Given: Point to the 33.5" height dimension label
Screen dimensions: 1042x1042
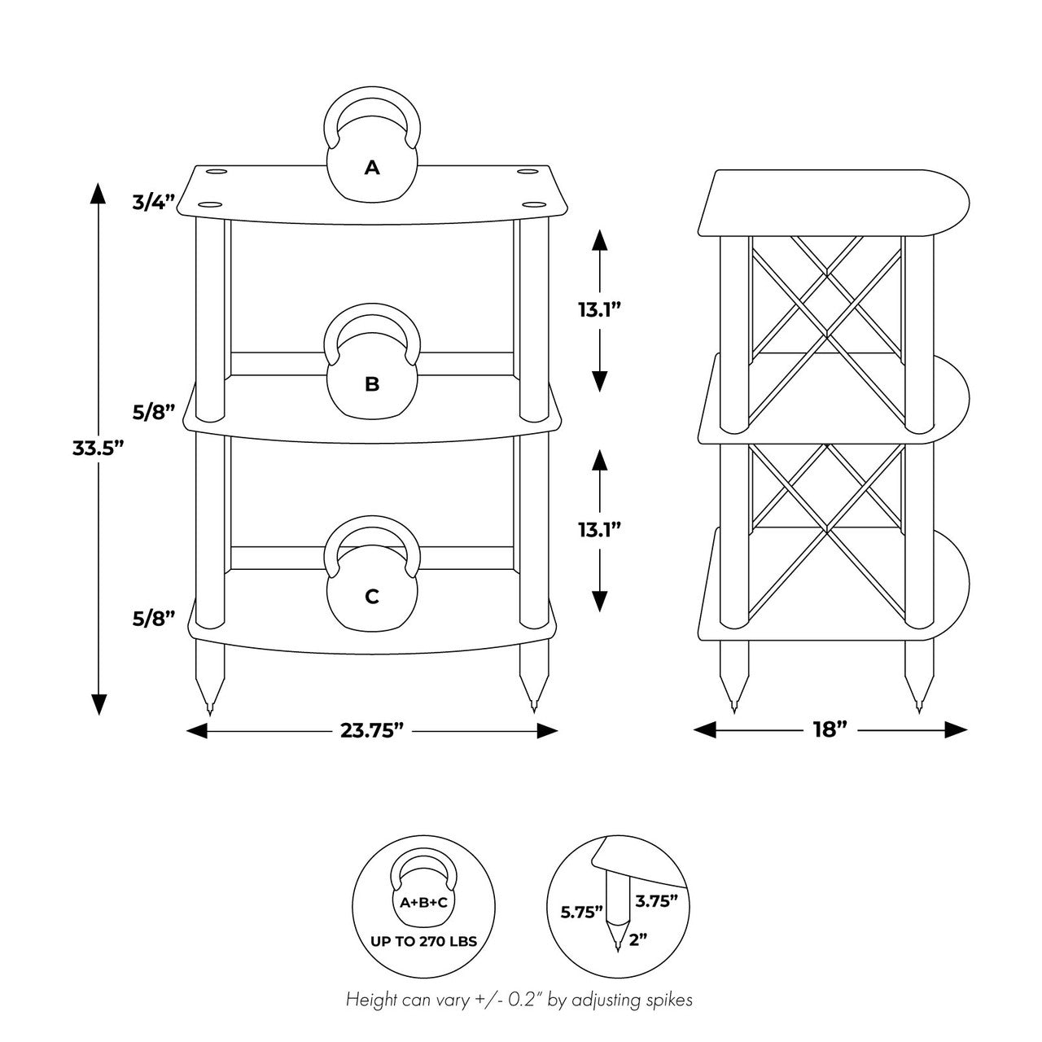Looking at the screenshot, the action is [99, 448].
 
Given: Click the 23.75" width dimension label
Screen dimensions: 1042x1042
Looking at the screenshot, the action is [372, 730].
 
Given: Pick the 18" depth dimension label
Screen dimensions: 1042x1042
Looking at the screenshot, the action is [830, 730].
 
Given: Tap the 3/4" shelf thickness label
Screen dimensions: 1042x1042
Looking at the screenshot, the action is [154, 202].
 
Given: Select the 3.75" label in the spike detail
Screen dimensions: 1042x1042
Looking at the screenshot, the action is [656, 901].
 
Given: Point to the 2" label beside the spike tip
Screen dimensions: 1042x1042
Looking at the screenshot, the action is [638, 940].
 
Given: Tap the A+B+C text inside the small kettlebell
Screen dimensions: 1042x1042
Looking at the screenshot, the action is [424, 903].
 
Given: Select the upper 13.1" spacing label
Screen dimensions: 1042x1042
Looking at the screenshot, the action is [599, 310].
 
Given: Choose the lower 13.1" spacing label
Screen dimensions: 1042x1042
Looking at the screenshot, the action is [599, 530].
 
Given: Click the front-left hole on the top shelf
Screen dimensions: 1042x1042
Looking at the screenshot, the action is [210, 205].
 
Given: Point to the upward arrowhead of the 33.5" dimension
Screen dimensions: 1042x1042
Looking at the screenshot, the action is [98, 193].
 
